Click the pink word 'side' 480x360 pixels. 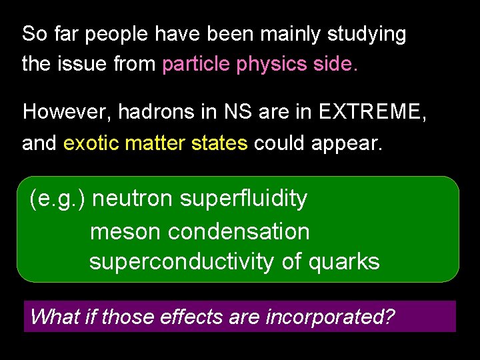coord(335,64)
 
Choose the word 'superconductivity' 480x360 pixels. coord(183,262)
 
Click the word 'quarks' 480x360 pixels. coord(344,262)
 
